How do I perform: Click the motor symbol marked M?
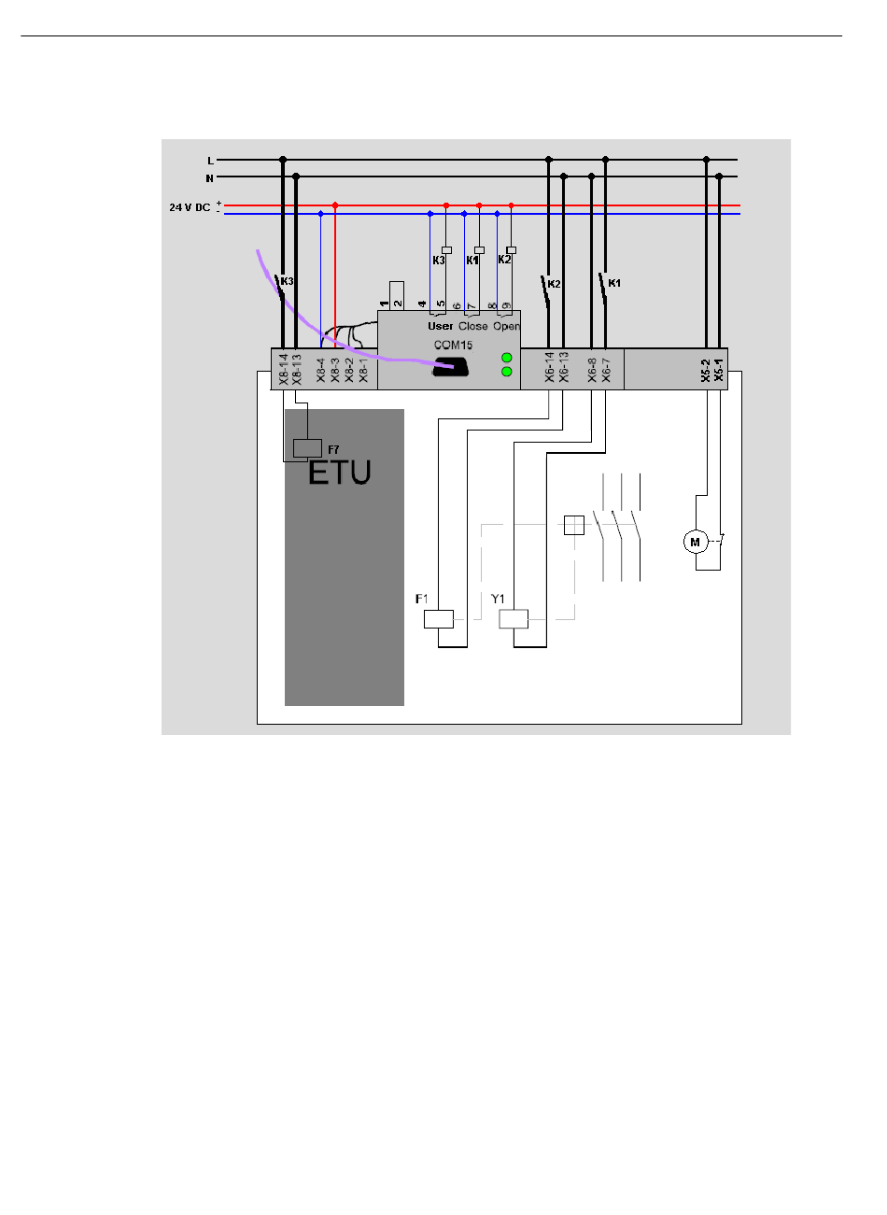[695, 543]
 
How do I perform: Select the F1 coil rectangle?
[439, 618]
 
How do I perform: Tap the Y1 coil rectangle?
[514, 618]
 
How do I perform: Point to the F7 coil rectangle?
[307, 447]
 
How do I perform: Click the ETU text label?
[340, 473]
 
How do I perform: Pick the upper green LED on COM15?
[507, 358]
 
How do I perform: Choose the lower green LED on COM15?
[507, 372]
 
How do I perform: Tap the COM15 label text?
[453, 346]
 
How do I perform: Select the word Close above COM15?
[472, 327]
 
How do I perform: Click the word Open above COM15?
[506, 327]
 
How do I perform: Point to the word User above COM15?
[440, 327]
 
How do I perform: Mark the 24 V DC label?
[190, 207]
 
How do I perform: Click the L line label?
[210, 161]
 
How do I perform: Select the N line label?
[209, 177]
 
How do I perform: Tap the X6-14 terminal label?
[550, 367]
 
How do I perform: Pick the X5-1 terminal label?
[719, 370]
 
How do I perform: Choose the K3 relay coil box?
[447, 249]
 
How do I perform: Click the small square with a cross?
[574, 525]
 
